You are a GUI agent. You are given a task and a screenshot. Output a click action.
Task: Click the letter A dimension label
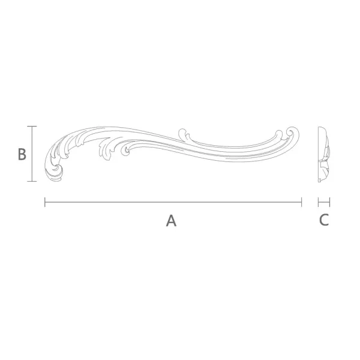171,221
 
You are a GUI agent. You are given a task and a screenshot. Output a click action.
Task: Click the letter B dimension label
22,154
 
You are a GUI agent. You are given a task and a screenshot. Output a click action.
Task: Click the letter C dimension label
324,220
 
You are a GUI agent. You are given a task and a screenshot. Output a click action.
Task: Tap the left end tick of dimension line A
45,202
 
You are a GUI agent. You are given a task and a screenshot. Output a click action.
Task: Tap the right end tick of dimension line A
301,202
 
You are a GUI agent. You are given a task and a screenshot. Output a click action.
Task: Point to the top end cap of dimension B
32,126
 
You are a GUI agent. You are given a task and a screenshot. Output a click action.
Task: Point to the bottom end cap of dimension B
32,181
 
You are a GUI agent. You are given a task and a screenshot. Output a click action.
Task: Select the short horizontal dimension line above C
324,202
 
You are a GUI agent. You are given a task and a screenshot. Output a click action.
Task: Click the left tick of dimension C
319,202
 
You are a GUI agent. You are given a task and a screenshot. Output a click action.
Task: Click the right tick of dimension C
329,202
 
